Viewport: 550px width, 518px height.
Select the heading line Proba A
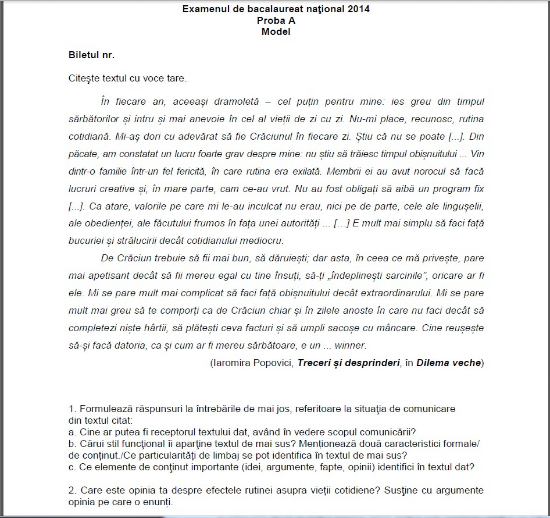coord(276,20)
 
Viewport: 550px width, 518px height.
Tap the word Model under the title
coord(276,31)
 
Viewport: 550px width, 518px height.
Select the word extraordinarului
coord(376,292)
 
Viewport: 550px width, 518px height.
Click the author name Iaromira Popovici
coord(253,363)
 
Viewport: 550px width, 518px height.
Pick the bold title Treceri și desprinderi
coord(348,363)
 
